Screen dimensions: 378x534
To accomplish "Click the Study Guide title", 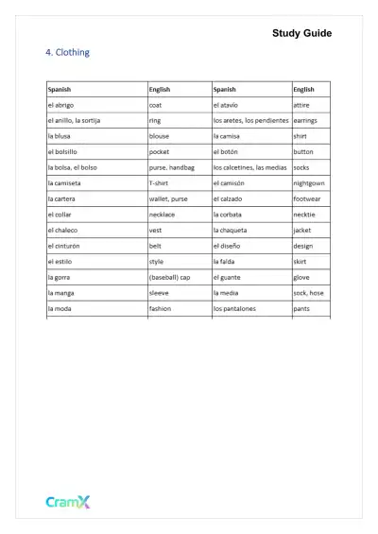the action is (301, 33).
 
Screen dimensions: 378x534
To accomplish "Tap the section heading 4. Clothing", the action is (67, 53).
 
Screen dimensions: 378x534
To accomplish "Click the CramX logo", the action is (68, 503).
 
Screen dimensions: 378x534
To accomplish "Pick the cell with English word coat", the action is (156, 105).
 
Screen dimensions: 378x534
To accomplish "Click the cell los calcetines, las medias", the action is (249, 167).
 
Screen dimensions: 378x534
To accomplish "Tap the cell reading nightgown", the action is (310, 182).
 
